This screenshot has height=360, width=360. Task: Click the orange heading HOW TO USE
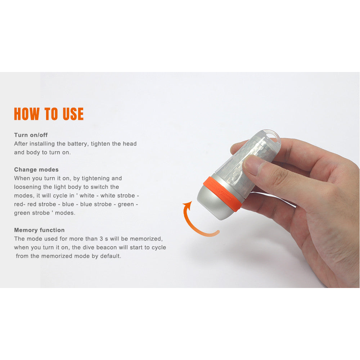point(49,114)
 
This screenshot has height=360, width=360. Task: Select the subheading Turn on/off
point(31,135)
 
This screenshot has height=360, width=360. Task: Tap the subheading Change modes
point(36,170)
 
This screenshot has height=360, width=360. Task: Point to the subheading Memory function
point(39,230)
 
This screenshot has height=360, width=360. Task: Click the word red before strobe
point(32,204)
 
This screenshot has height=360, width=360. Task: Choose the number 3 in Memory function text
point(101,239)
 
